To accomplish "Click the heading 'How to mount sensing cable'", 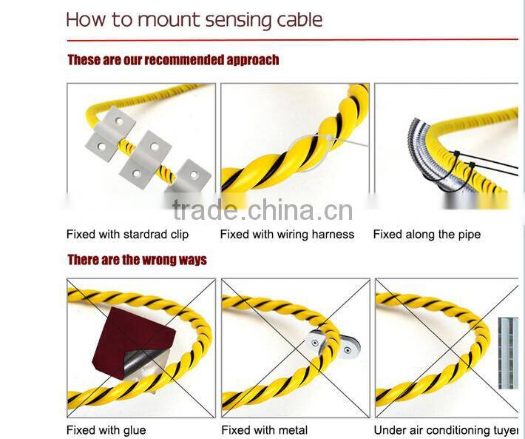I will click(x=194, y=19).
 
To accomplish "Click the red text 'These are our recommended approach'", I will click(x=173, y=59).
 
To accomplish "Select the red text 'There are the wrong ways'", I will click(x=137, y=260).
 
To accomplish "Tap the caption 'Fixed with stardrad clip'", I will click(x=127, y=235).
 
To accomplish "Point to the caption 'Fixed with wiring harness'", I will click(x=287, y=235).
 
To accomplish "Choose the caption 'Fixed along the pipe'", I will click(x=427, y=235).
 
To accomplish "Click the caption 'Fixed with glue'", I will click(x=106, y=430).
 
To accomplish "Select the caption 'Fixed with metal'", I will click(x=264, y=430).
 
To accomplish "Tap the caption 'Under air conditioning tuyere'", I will click(x=447, y=430).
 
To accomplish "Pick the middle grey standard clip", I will click(x=152, y=156).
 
